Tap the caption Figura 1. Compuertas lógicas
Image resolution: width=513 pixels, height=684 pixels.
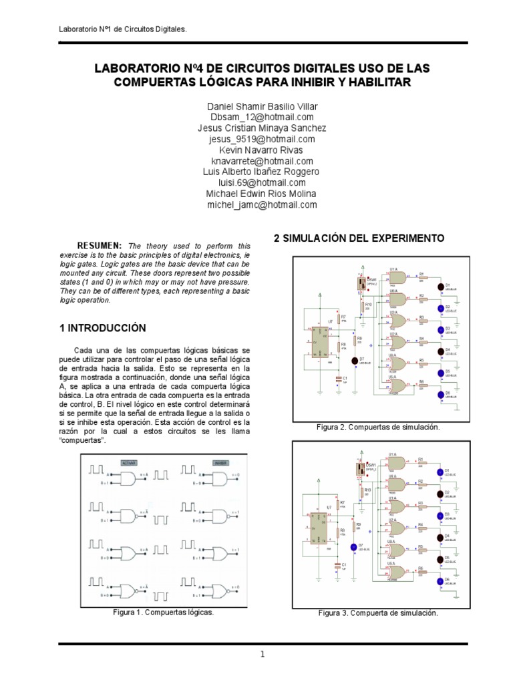(x=164, y=611)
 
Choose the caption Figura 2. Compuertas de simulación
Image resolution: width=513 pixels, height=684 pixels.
(x=378, y=427)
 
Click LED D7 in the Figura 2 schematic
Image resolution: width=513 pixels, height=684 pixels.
(x=354, y=361)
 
